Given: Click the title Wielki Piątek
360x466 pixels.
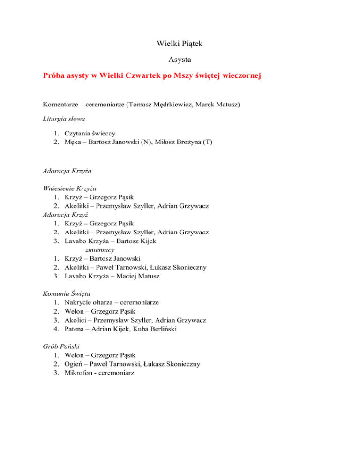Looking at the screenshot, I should tap(180, 45).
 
